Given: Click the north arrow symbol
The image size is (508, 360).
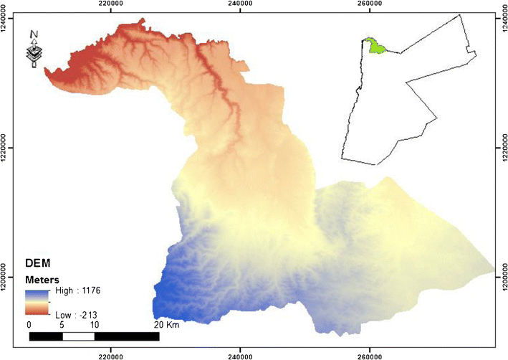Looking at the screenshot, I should tap(33, 49).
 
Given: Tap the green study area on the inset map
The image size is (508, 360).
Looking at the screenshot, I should tap(373, 47).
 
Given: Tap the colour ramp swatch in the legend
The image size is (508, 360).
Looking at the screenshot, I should tap(36, 303).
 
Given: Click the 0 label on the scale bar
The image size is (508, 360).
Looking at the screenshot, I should tap(29, 325).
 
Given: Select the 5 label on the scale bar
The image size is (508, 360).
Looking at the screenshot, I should tap(62, 325).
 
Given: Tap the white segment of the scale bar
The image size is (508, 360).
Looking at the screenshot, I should tap(78, 336).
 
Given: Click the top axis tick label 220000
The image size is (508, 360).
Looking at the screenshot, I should tap(110, 4).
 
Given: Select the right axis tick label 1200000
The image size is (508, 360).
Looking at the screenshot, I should tap(503, 277).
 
